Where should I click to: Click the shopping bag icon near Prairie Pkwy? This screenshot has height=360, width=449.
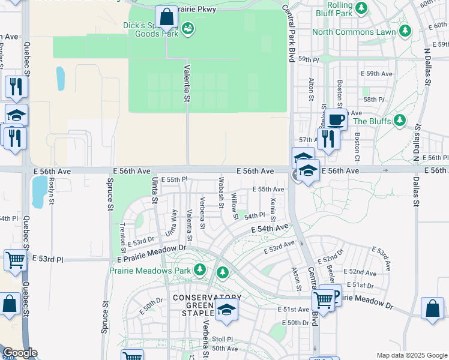pyautogui.click(x=166, y=17)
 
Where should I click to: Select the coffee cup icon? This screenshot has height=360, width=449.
pyautogui.click(x=337, y=119)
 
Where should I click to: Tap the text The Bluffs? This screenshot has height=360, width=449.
pyautogui.click(x=372, y=121)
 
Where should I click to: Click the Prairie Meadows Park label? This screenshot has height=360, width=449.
pyautogui.click(x=149, y=271)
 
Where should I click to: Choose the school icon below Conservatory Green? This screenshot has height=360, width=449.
pyautogui.click(x=226, y=310)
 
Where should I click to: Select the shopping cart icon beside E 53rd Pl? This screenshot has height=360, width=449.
pyautogui.click(x=15, y=260)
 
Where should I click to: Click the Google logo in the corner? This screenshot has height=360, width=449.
pyautogui.click(x=19, y=353)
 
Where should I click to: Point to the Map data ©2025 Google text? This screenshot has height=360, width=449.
pyautogui.click(x=412, y=355)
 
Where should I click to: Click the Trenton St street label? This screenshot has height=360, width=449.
pyautogui.click(x=122, y=233)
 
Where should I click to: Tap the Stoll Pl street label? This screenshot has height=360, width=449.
pyautogui.click(x=221, y=339)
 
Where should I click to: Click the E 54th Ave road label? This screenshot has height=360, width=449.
pyautogui.click(x=270, y=229)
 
